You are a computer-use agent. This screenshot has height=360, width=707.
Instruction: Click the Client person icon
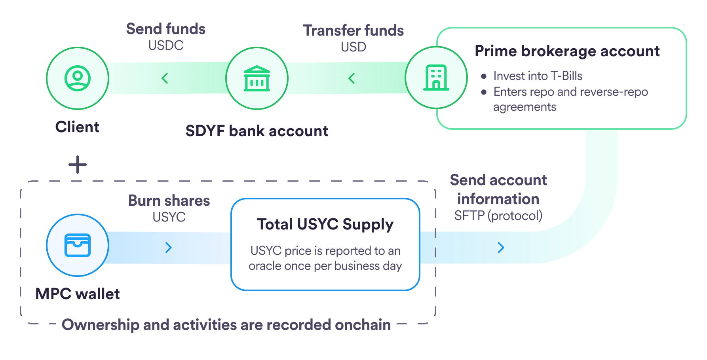tap(78, 78)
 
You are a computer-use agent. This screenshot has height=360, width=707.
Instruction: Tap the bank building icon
tap(257, 78)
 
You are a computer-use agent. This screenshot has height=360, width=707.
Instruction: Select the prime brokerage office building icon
tap(436, 78)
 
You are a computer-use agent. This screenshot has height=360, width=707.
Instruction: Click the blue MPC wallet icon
tap(78, 245)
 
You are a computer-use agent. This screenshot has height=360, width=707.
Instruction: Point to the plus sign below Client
tap(78, 165)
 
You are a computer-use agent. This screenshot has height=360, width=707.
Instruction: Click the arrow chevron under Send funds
tap(165, 78)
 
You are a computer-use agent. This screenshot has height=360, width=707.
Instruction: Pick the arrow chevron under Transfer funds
tap(352, 78)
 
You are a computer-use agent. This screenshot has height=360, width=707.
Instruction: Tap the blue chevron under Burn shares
tap(169, 248)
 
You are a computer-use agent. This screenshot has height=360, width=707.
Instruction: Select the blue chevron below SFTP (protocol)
tap(501, 248)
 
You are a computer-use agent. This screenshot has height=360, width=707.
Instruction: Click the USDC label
tap(166, 45)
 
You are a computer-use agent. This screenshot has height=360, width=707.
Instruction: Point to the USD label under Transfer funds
tap(353, 47)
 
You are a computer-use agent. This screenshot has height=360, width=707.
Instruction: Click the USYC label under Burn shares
tap(169, 217)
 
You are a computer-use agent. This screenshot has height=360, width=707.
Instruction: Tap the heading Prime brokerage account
tap(567, 51)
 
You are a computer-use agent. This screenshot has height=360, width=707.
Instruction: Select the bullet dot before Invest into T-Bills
tap(484, 76)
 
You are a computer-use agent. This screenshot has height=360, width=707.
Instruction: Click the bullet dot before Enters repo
tap(484, 92)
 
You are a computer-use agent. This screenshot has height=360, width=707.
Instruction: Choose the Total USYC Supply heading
tap(325, 224)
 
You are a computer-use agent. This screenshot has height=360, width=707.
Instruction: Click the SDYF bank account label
tap(257, 131)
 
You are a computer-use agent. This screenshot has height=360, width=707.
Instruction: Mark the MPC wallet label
tap(78, 294)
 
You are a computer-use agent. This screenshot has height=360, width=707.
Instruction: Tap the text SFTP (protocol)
tap(498, 216)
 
